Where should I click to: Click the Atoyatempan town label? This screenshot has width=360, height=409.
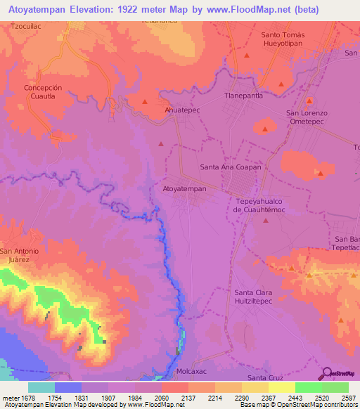184,189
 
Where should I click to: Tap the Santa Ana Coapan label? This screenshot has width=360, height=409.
231,167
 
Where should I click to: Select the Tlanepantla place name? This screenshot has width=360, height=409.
243,96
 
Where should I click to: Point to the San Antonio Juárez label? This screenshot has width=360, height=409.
24,255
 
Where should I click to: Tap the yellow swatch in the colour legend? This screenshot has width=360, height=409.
281,387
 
